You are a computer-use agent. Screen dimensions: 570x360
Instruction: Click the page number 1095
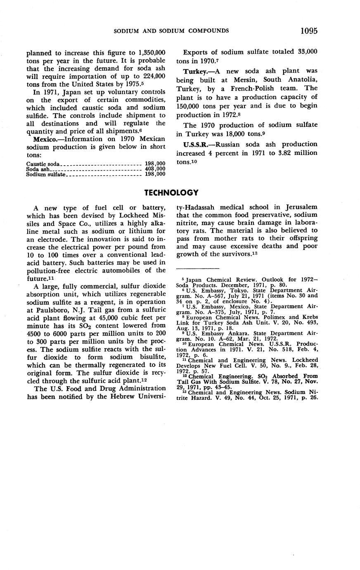309,31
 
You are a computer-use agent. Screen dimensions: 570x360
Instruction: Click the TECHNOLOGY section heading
171,192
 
